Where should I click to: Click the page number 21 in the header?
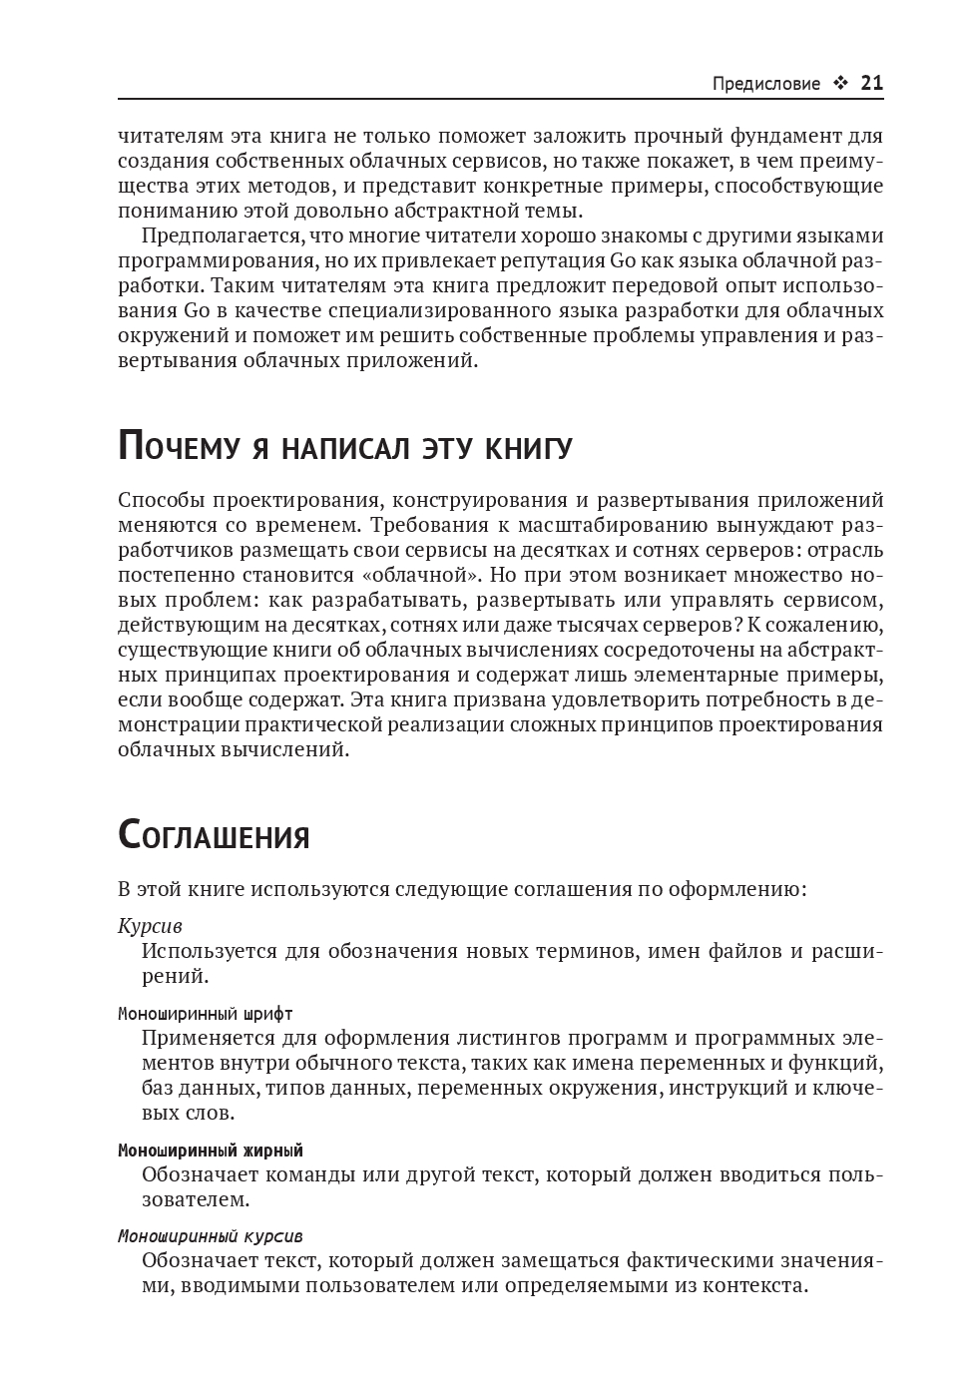[871, 83]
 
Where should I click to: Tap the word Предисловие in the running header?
[765, 84]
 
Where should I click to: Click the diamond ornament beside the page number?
[840, 84]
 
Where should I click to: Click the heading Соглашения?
[214, 835]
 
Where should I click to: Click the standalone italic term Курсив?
[150, 926]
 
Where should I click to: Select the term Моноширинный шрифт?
[206, 1014]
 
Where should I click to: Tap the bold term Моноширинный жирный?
[211, 1151]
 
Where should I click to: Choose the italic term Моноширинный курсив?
[211, 1236]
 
